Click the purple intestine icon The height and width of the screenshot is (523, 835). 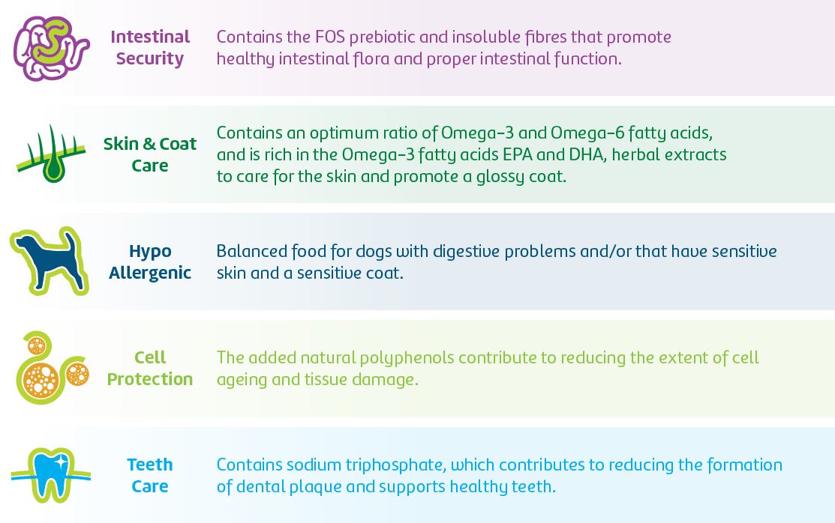pos(51,48)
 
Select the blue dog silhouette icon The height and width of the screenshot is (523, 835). pos(50,260)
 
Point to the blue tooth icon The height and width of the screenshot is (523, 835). pos(51,475)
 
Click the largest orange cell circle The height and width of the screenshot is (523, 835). pos(41,380)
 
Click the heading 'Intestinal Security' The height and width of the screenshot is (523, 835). pos(150,47)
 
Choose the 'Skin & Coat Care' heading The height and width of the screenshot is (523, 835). pos(150,154)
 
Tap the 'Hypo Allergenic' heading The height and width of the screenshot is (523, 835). pos(150,261)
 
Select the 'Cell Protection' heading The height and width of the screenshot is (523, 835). pos(150,368)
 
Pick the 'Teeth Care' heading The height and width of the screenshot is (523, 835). pos(150,475)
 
